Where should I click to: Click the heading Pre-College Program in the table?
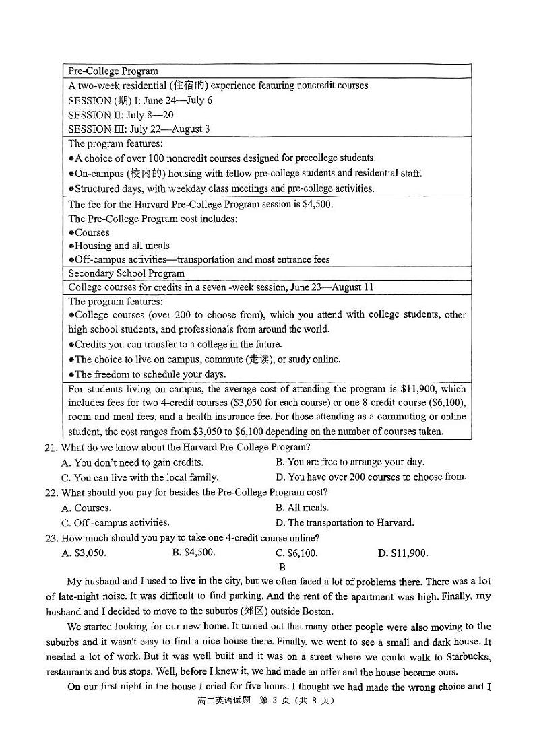pos(113,71)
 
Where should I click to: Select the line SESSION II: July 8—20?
pos(121,114)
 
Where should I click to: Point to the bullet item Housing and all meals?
pos(122,246)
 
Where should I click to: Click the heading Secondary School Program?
pos(126,273)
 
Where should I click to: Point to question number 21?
pos(52,448)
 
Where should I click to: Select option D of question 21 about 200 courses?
pos(371,477)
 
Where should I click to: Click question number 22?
pos(52,493)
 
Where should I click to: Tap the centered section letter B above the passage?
pos(282,567)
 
